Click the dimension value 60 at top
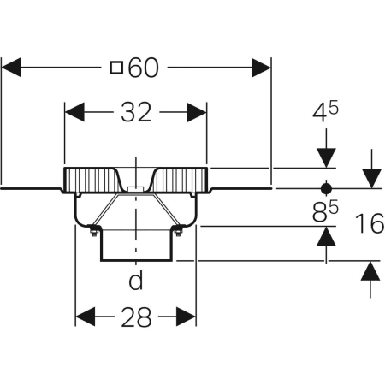click(x=143, y=68)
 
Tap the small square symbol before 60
click(x=116, y=68)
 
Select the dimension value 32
click(x=136, y=112)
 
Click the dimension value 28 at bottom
click(x=136, y=317)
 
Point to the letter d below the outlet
click(x=136, y=280)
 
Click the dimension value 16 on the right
click(x=370, y=223)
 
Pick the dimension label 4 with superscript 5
click(x=325, y=112)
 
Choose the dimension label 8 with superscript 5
click(x=325, y=211)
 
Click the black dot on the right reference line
click(x=326, y=188)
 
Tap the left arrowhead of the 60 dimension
click(x=11, y=68)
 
